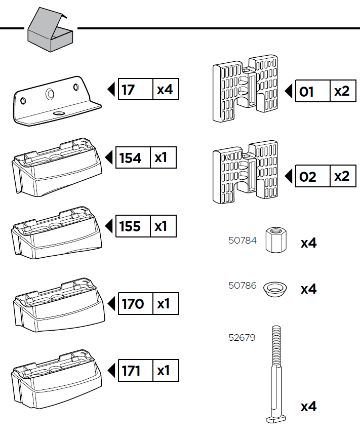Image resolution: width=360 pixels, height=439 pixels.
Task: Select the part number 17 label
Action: pyautogui.click(x=129, y=90)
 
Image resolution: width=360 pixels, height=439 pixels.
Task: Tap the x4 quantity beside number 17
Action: pyautogui.click(x=165, y=90)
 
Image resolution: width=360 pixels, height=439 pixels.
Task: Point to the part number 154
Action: pyautogui.click(x=130, y=158)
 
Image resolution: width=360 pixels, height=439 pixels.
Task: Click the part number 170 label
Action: pyautogui.click(x=133, y=304)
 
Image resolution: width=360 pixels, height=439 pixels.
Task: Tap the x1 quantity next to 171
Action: pyautogui.click(x=164, y=371)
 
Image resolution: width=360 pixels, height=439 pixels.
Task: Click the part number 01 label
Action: pyautogui.click(x=307, y=92)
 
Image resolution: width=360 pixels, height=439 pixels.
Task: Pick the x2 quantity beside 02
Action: pyautogui.click(x=342, y=177)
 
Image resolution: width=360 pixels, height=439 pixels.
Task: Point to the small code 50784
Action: pyautogui.click(x=243, y=240)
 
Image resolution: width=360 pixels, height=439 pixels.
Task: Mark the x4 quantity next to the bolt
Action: pyautogui.click(x=308, y=407)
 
